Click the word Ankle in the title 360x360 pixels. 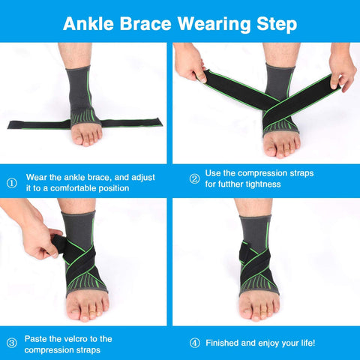point(88,24)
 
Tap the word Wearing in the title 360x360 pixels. point(214,25)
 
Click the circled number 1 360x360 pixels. point(11,183)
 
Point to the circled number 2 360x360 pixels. point(194,178)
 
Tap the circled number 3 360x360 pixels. point(11,343)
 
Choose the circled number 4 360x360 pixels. point(195,343)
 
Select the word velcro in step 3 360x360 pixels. point(75,339)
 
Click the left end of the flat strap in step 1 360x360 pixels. point(8,124)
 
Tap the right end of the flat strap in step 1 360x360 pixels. point(161,121)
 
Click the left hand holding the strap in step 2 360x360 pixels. point(190,62)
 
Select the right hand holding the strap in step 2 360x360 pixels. point(343,67)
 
